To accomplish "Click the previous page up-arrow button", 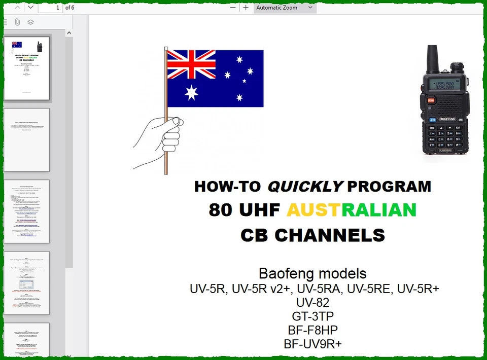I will coord(18,7).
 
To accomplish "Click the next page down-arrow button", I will coord(30,7).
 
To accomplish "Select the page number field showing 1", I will coord(50,8).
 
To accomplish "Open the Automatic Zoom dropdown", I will coord(285,8).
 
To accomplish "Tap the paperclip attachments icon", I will coord(17,22).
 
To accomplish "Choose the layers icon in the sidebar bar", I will coord(30,22).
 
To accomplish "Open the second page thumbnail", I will coord(27,140).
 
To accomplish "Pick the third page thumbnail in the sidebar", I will coord(27,211).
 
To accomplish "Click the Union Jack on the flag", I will coord(191,64).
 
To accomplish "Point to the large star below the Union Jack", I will coord(191,92).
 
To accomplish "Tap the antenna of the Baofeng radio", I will coord(433,58).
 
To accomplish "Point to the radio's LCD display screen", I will coord(441,84).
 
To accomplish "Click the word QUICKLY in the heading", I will coord(305,187).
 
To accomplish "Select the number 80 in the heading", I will coord(220,210).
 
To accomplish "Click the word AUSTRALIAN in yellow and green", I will coord(351,210).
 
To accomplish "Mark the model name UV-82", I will coord(312,303).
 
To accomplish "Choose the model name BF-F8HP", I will coord(312,330).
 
